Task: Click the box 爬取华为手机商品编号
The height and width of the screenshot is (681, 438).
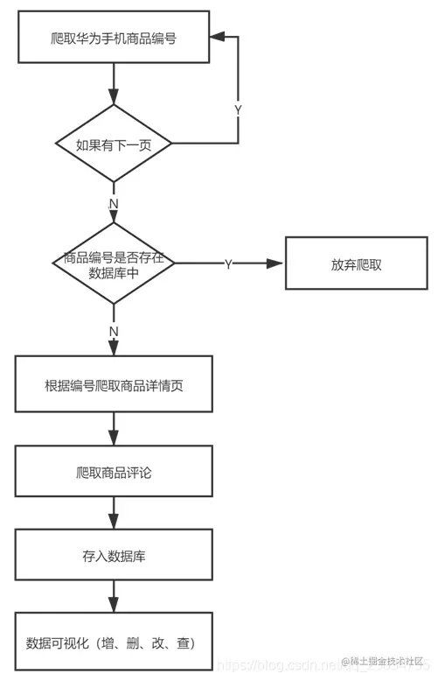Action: click(114, 38)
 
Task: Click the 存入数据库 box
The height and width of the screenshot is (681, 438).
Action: click(114, 555)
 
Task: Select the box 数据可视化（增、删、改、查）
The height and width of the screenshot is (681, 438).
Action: click(114, 642)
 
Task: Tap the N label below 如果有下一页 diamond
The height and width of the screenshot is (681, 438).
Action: click(114, 203)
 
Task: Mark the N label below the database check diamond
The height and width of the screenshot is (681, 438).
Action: click(114, 332)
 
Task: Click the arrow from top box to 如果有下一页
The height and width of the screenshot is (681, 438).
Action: click(114, 84)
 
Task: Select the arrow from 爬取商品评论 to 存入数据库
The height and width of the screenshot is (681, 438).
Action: click(114, 513)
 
